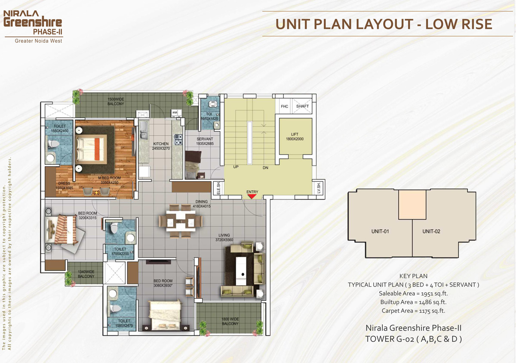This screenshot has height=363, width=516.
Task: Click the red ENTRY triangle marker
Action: tap(252, 196)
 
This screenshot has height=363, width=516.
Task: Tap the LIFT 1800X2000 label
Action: tap(295, 137)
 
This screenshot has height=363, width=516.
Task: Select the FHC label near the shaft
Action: tap(285, 106)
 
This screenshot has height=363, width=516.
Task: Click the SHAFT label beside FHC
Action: tap(302, 106)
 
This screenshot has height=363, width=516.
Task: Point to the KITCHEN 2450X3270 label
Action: tap(161, 146)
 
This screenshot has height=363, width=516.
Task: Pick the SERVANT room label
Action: tap(205, 141)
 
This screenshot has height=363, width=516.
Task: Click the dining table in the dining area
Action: tap(181, 221)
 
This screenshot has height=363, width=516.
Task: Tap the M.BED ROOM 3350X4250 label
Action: tap(109, 180)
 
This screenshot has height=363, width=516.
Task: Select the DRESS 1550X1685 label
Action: tap(64, 186)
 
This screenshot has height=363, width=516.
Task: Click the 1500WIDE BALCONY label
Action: tap(116, 102)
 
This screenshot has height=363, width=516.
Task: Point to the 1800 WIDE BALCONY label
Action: tap(230, 321)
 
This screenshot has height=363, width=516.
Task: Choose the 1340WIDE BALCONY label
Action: tap(86, 274)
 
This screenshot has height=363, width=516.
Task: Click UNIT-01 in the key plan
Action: tap(380, 231)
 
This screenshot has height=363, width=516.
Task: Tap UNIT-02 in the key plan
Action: tap(431, 231)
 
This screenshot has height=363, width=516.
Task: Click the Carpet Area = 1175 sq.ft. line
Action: tap(413, 310)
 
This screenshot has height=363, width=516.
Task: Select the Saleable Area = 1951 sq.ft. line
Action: tap(413, 293)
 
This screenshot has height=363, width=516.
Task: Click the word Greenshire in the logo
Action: tap(33, 22)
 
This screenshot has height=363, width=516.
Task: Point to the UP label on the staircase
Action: tap(236, 167)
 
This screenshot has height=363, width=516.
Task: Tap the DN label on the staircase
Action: tap(265, 168)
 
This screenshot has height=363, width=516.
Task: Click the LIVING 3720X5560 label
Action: tap(224, 237)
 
